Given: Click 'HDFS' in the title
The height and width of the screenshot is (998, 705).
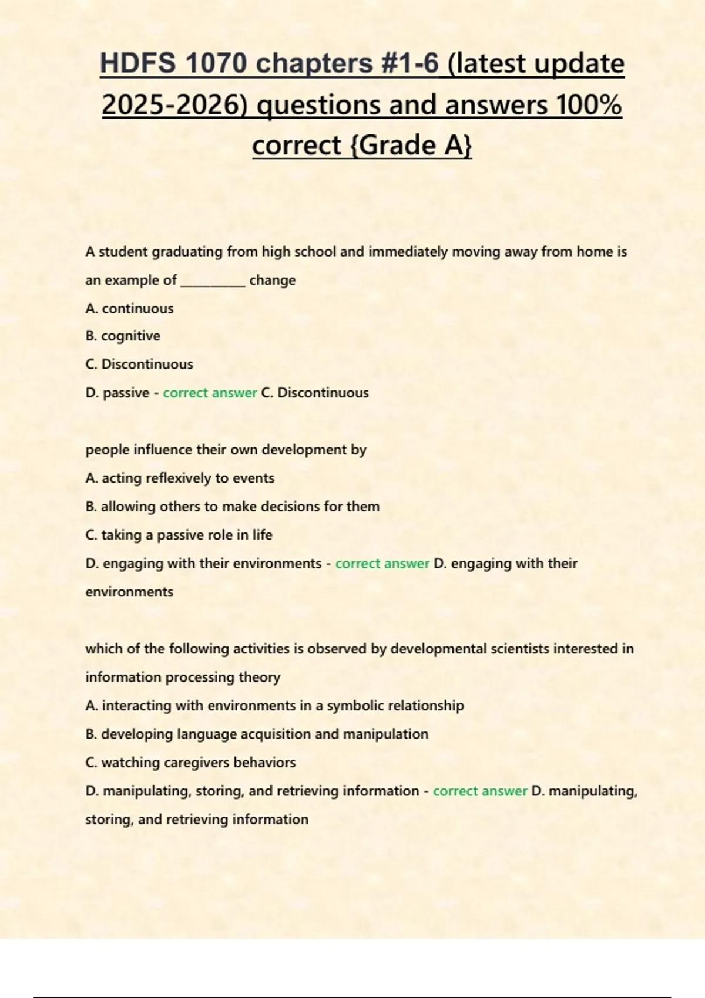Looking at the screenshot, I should [x=137, y=63].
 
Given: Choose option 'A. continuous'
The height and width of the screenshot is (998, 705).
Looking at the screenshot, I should [x=129, y=308].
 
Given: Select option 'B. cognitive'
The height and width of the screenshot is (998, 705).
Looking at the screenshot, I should [x=123, y=336].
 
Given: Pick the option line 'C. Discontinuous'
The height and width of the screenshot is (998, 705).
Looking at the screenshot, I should [x=139, y=364].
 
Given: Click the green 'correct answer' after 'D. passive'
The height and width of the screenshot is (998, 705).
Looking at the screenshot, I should [x=210, y=393].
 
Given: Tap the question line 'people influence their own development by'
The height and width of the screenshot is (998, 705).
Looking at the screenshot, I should [x=226, y=450].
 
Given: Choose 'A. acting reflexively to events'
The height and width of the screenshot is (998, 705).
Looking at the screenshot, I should [x=180, y=478].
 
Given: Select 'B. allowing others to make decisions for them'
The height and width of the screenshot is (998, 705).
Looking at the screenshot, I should [x=232, y=506].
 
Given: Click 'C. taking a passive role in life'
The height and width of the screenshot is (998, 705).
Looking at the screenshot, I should [x=179, y=535].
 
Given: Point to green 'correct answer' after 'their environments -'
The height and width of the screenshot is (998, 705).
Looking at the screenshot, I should [x=382, y=564].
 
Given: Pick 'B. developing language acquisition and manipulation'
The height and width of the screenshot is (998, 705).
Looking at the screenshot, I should [x=257, y=734].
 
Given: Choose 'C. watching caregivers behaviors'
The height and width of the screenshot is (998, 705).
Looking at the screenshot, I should [x=190, y=763].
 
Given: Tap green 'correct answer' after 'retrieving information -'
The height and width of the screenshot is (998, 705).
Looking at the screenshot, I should [x=480, y=791].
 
